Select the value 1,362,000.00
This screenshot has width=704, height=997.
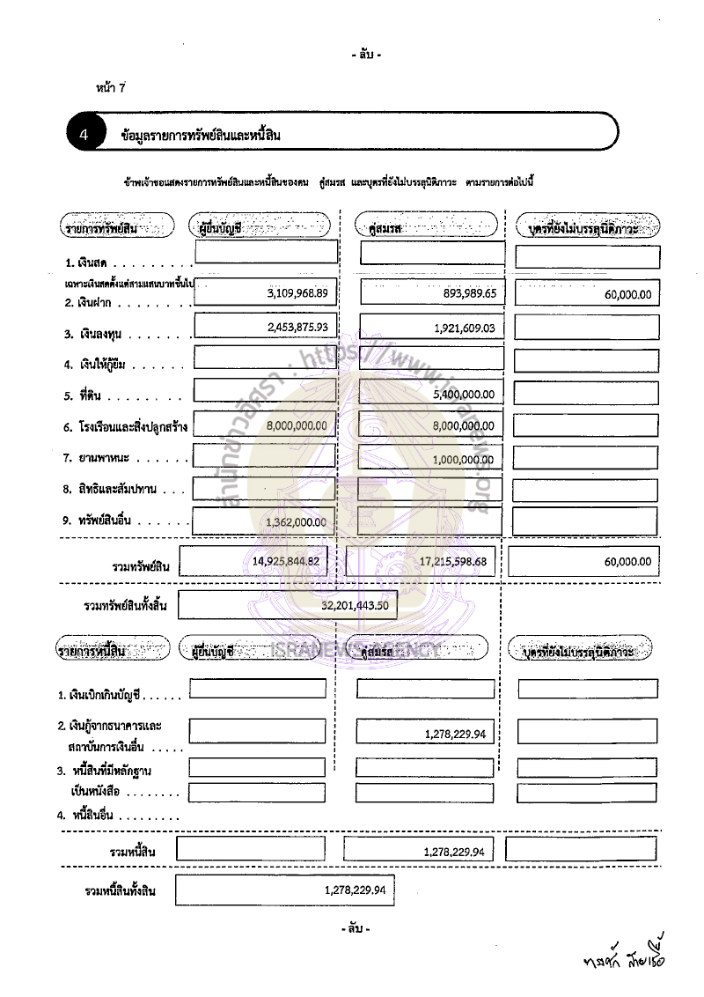click(296, 522)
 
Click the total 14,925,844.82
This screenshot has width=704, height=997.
click(285, 561)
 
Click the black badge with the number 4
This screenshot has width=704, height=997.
click(84, 135)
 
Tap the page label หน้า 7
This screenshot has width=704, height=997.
click(112, 87)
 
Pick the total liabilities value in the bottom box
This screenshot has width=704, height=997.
click(356, 890)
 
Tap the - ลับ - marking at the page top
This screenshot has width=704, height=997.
click(365, 55)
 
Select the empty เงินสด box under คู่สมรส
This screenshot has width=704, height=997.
click(432, 253)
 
